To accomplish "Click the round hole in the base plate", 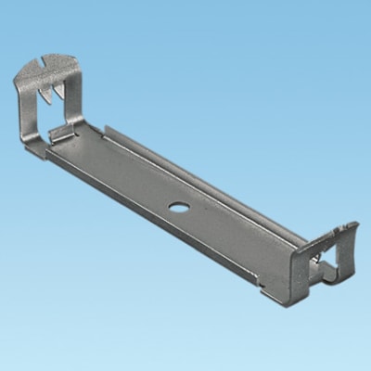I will (x=174, y=199).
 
